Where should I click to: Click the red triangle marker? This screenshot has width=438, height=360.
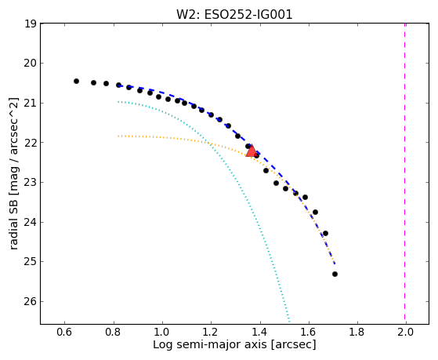coord(252,151)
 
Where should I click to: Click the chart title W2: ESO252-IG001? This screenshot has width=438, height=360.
coord(234,15)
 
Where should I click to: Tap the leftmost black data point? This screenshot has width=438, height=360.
coord(76,81)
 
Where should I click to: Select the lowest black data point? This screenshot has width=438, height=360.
coord(335,275)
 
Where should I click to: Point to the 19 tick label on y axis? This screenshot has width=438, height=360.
coord(31,24)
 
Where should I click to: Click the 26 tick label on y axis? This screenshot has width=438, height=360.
coord(31,301)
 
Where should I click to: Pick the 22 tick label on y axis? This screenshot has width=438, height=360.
coord(31,143)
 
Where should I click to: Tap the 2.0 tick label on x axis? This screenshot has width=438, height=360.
coord(405,332)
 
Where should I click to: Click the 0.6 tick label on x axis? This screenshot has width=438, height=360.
coord(64,332)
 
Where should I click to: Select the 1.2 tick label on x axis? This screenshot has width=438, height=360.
coord(211,332)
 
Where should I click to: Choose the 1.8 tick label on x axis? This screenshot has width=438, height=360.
coord(357,332)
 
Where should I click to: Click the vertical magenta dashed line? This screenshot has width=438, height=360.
coord(405,173)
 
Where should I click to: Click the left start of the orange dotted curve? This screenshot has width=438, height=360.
coord(118,136)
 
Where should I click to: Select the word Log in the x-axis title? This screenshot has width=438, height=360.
coord(163,345)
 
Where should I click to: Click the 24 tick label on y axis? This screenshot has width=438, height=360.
coord(31,222)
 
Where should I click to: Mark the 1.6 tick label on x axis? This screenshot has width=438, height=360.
coord(308,332)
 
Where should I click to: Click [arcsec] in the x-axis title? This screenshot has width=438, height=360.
coord(293,345)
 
